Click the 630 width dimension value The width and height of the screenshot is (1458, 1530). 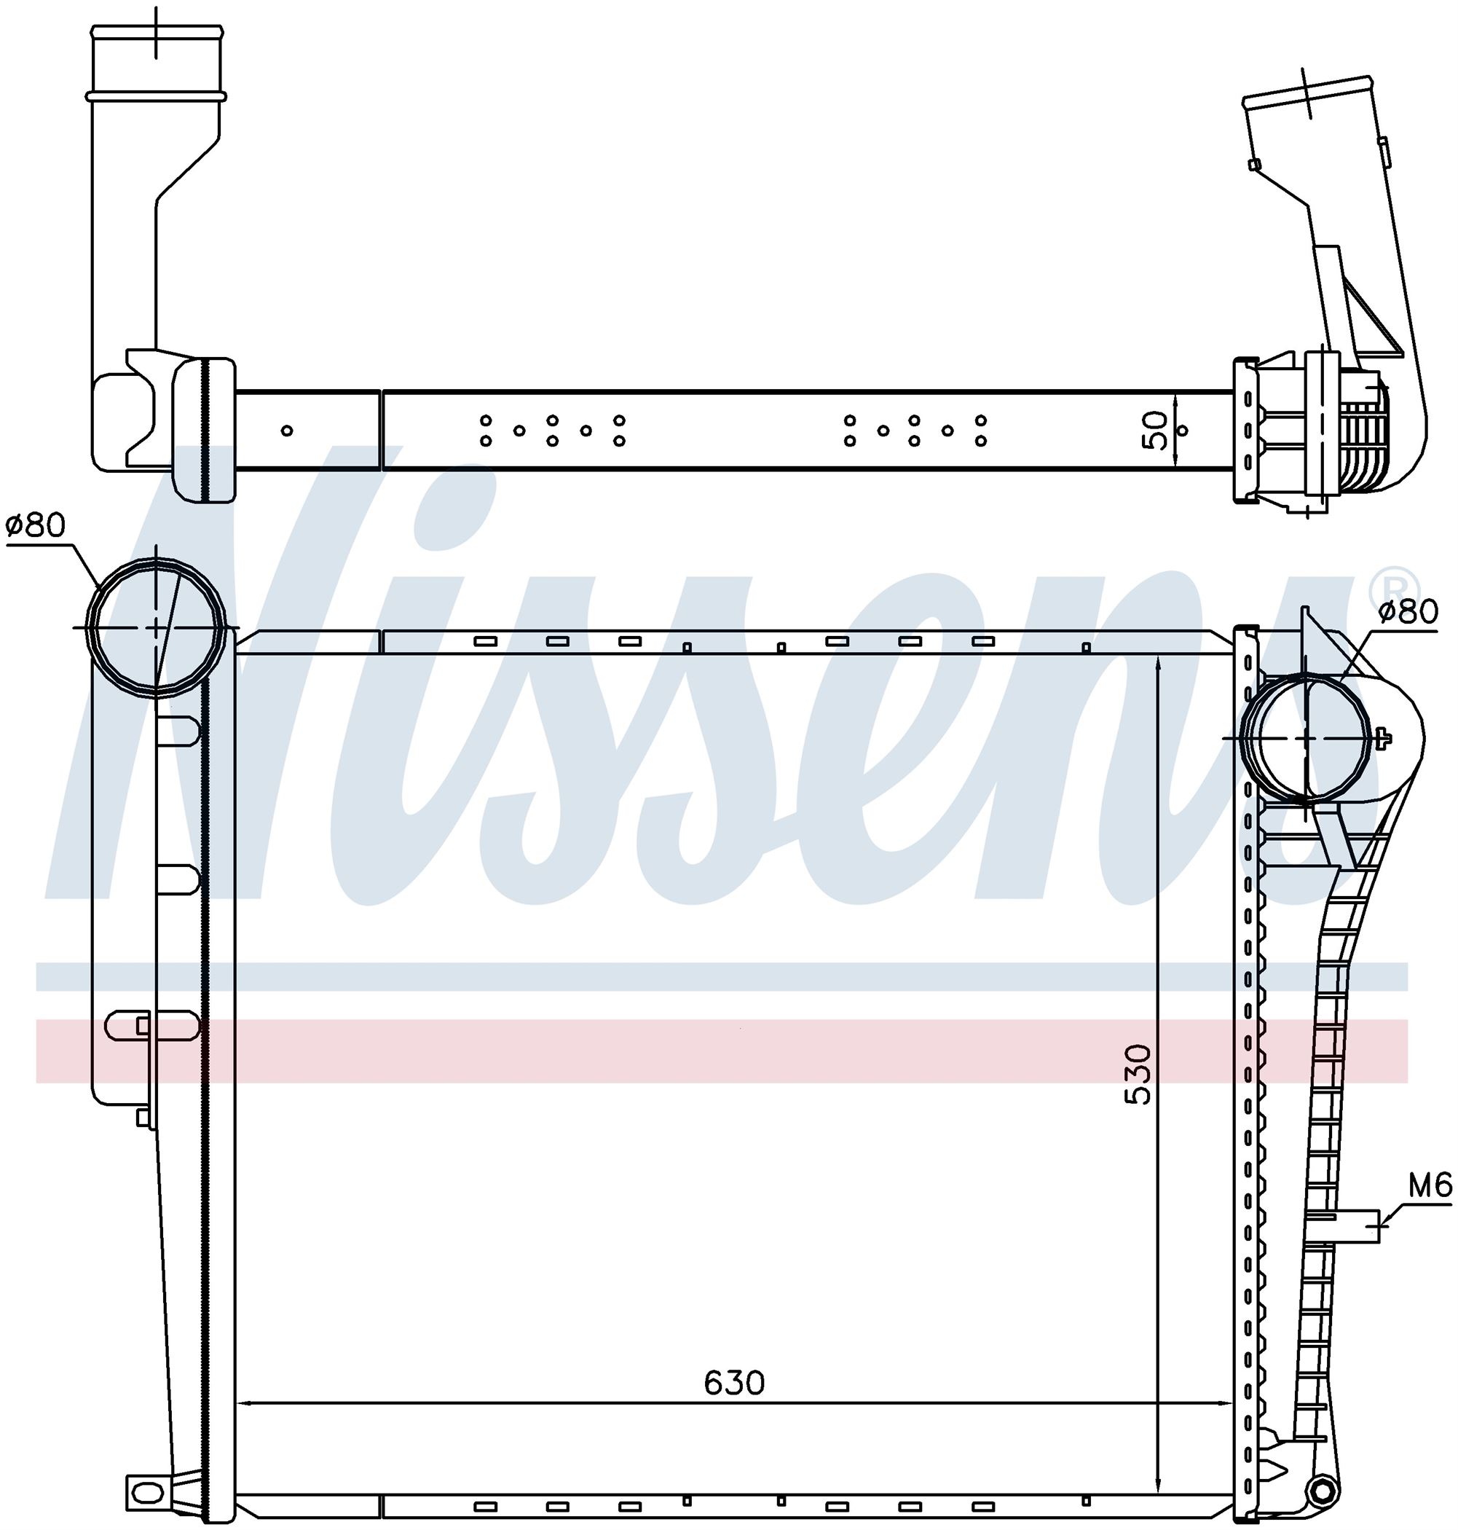coord(734,1383)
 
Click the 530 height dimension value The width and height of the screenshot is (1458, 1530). coord(1138,1075)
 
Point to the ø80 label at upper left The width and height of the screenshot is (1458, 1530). coord(36,525)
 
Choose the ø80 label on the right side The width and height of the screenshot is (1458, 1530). coord(1408,611)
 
